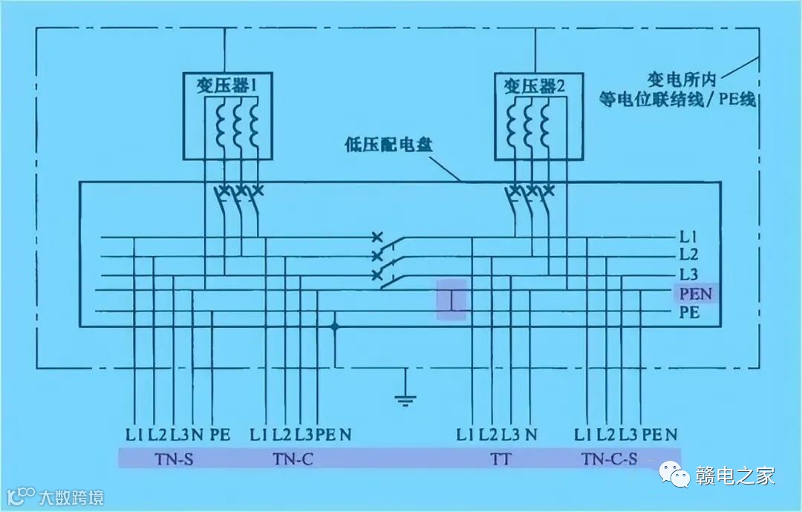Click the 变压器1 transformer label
pos(226,86)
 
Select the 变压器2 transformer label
pos(535,86)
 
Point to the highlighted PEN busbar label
pos(695,294)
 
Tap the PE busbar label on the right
pos(690,312)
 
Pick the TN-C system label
pos(293,459)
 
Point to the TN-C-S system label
pos(609,459)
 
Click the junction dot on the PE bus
pos(336,326)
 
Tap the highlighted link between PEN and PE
pos(451,300)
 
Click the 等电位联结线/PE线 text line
pos(678,99)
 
